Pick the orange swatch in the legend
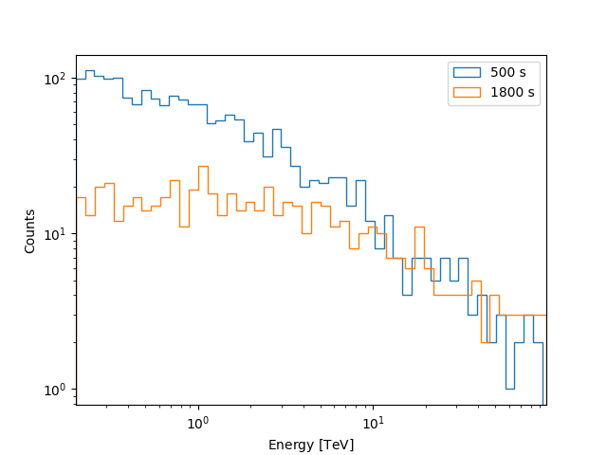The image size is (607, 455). [467, 92]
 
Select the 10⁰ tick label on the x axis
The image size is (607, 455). [197, 422]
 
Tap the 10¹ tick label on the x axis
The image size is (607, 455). [373, 422]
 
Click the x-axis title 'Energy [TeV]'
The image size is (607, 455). [311, 445]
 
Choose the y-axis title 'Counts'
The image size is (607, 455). [30, 230]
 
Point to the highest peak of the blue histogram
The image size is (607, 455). [89, 70]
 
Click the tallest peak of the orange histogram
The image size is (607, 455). [203, 166]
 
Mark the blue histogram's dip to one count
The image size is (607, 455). [509, 389]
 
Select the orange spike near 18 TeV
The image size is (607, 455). [418, 227]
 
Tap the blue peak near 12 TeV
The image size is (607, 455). [389, 215]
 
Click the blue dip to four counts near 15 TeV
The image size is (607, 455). [406, 295]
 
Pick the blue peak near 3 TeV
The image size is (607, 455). [276, 129]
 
